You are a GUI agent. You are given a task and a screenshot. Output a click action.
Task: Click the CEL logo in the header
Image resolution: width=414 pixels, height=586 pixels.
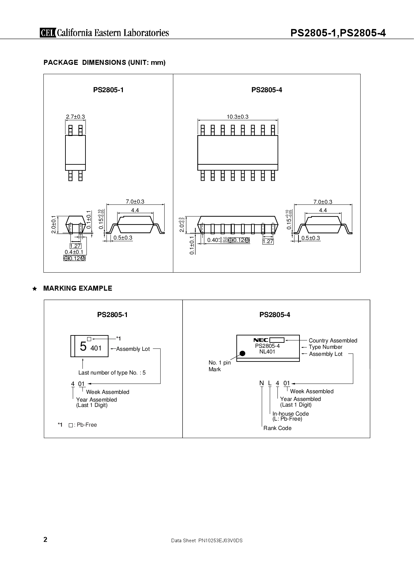coord(48,33)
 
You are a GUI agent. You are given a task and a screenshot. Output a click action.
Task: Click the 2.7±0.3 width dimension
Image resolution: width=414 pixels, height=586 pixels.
coord(75,117)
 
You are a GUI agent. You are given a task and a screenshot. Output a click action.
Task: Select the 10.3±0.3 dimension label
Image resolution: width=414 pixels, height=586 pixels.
coord(237,117)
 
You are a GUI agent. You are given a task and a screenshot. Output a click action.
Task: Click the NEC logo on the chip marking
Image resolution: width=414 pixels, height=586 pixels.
coord(261,340)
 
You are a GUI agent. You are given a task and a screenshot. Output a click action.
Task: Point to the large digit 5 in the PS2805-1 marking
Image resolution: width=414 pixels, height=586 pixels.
coord(83,347)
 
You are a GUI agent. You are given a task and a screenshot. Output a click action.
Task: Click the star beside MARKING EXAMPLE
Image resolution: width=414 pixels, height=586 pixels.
coord(34,289)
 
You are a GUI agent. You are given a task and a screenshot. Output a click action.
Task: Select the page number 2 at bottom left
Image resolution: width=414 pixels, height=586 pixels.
coord(45,540)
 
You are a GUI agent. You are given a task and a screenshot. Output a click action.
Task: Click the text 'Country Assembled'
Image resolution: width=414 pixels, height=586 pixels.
coord(333,340)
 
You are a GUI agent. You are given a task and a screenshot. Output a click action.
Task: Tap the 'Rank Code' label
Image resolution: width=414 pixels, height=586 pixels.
coord(277,428)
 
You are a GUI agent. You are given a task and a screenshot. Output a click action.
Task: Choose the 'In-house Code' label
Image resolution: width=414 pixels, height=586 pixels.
coord(290,414)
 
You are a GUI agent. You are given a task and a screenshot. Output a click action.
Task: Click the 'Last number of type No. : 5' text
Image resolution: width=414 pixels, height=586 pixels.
coord(112,373)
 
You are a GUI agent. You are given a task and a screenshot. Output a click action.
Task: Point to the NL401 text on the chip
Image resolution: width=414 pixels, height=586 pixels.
coord(267,351)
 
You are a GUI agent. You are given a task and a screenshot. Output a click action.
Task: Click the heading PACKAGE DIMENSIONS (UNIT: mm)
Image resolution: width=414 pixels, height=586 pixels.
coord(105,62)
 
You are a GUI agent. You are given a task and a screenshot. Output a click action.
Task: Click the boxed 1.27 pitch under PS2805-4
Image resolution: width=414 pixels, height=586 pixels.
coord(268,241)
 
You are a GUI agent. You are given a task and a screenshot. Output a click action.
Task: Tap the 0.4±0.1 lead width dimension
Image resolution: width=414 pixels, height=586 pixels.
coord(74,252)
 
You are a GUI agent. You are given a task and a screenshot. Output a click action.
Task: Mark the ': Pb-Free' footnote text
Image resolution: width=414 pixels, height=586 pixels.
coord(85,425)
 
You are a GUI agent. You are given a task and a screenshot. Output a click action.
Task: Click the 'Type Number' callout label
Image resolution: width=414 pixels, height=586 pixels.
coord(325,347)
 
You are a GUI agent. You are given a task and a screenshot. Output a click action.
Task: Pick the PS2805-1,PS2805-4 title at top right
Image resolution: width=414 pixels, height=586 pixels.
coord(338,33)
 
